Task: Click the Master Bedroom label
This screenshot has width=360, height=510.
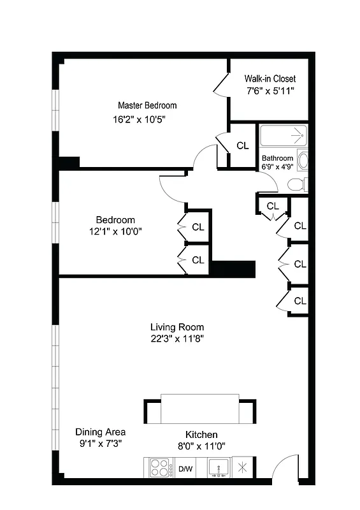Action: tap(147, 105)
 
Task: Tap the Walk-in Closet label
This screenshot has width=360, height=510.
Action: tap(270, 78)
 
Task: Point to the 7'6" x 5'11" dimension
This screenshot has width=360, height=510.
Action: tap(270, 91)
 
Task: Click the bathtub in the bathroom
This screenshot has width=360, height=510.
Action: tap(283, 136)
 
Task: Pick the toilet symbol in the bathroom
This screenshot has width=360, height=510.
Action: tap(297, 185)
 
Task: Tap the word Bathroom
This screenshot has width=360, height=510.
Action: tap(277, 158)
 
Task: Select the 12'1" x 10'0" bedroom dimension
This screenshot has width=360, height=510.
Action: tap(115, 232)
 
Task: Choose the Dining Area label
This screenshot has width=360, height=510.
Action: tap(100, 432)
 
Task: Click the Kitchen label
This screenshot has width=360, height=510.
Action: tap(201, 434)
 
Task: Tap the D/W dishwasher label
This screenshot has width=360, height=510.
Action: tap(185, 469)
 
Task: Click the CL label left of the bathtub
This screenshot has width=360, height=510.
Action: tap(242, 145)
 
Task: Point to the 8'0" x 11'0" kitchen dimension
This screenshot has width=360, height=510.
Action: tap(201, 446)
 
